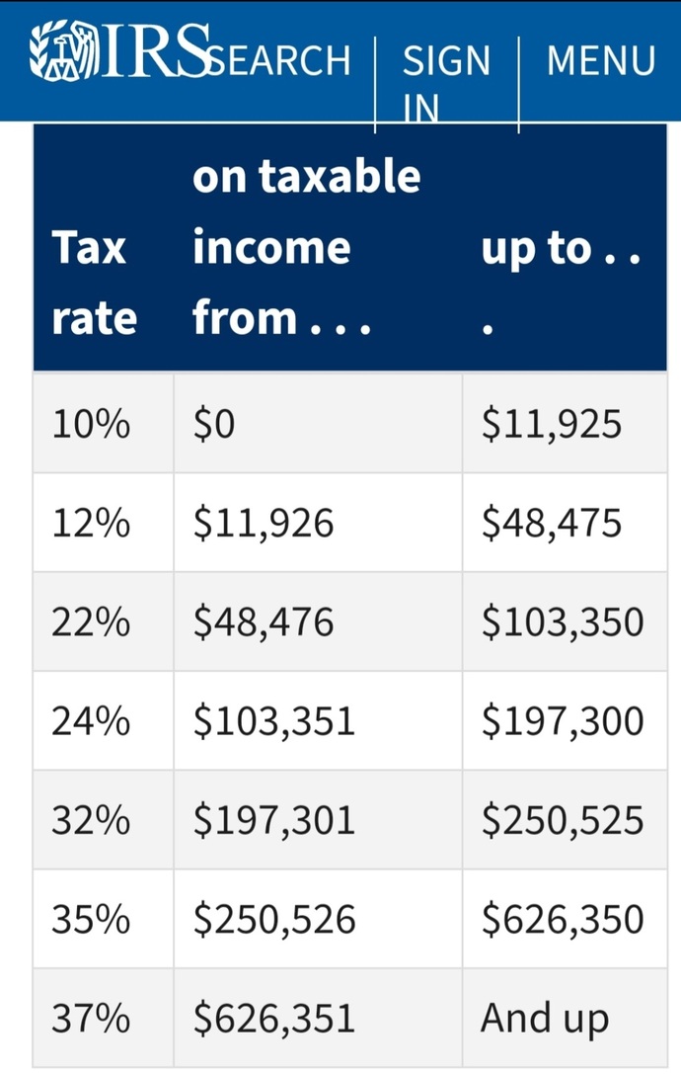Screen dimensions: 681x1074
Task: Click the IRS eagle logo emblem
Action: [x=61, y=50]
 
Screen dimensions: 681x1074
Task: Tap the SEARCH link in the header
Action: [x=279, y=60]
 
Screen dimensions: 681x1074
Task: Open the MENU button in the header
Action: [x=601, y=60]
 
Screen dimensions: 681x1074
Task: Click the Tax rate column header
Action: [x=95, y=283]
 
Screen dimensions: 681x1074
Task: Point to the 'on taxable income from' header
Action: [x=306, y=247]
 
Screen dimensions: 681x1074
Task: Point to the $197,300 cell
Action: [x=563, y=721]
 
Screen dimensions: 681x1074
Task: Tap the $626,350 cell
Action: [x=563, y=919]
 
